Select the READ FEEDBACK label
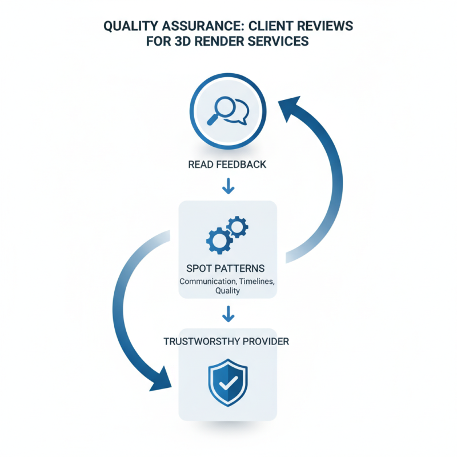pos(227,165)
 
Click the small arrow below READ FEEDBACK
pos(228,186)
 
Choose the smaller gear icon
pos(238,227)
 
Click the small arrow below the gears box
pos(228,312)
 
